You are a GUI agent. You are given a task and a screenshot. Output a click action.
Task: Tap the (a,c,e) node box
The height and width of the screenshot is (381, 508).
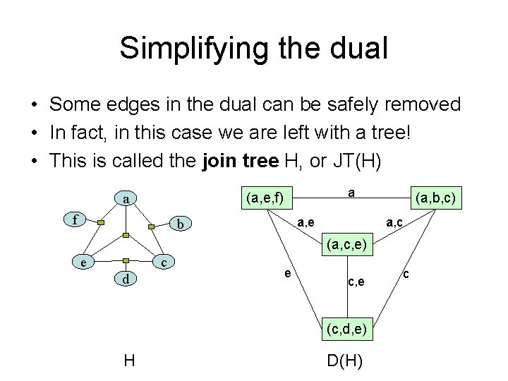click(x=346, y=247)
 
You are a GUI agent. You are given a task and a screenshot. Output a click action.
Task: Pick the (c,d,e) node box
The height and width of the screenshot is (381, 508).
click(x=346, y=328)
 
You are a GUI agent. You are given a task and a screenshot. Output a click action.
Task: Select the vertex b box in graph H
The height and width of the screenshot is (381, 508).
click(x=181, y=224)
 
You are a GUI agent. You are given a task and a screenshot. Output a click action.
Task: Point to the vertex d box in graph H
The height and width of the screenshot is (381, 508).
click(x=125, y=280)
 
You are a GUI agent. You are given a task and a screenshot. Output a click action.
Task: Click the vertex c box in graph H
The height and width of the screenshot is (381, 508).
click(x=164, y=262)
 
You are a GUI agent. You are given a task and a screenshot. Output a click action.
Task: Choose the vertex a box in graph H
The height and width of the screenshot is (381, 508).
click(x=126, y=199)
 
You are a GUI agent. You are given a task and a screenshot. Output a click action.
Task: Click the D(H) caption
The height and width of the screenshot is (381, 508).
click(x=345, y=361)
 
